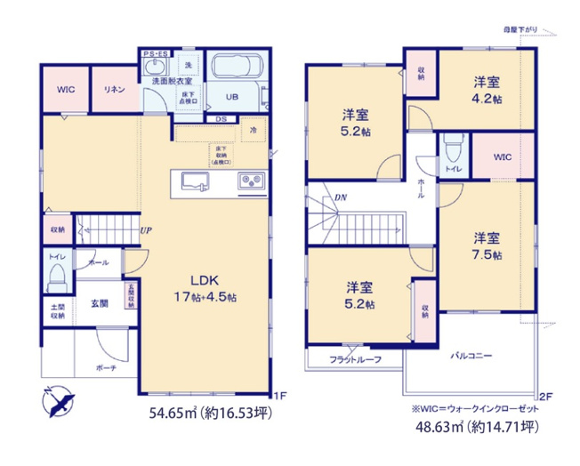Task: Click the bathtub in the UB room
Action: (x=233, y=68)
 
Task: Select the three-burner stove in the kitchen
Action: (x=250, y=181)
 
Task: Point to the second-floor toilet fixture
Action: (x=454, y=147)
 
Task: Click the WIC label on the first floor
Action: (x=65, y=90)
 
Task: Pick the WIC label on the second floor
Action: (x=503, y=158)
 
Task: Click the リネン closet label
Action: (x=113, y=90)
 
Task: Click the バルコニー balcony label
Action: (x=471, y=354)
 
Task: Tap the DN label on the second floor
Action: (x=341, y=197)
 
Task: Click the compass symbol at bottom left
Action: (x=58, y=404)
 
